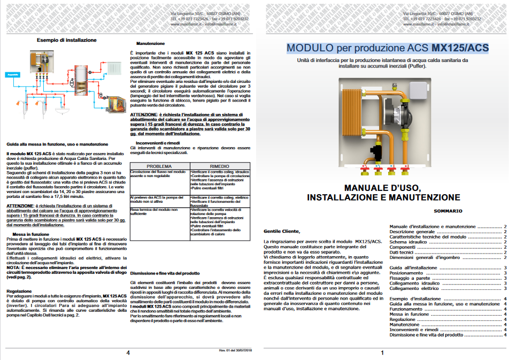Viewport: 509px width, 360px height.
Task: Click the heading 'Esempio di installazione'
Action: click(x=67, y=40)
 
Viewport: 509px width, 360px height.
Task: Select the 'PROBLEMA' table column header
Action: click(x=159, y=166)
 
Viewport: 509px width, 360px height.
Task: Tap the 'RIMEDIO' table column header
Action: click(x=219, y=166)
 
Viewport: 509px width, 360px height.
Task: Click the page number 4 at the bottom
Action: click(x=128, y=353)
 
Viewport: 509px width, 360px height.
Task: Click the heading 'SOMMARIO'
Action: click(x=448, y=211)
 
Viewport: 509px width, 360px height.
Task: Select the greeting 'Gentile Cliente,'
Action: click(x=282, y=231)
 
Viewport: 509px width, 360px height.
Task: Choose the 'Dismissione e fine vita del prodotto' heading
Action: click(x=165, y=273)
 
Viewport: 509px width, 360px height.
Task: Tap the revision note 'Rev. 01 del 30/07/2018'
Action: click(x=235, y=350)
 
